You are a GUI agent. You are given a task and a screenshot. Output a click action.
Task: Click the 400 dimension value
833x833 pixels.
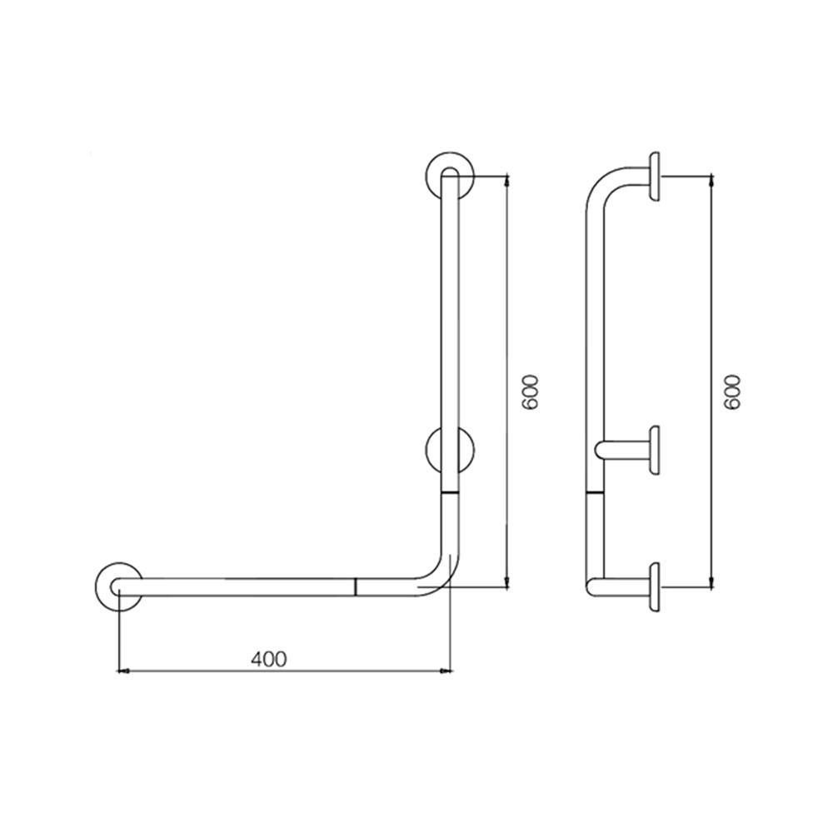268,659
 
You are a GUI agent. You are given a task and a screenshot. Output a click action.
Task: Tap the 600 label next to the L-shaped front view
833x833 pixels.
531,391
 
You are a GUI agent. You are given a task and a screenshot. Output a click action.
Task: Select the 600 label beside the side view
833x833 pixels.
732,391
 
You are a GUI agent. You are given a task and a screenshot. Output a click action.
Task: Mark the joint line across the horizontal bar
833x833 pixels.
356,586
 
